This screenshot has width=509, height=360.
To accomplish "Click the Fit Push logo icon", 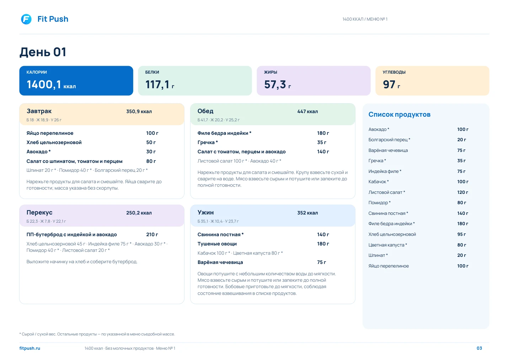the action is click(26, 19).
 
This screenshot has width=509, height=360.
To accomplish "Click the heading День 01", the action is click(43, 52).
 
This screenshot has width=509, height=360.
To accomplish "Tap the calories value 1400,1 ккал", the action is click(51, 85).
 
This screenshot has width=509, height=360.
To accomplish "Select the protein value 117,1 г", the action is click(160, 85).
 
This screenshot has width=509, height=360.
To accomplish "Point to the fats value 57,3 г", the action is click(278, 85).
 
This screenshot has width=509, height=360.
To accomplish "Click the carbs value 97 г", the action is click(391, 85).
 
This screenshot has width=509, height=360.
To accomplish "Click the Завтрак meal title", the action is click(39, 111).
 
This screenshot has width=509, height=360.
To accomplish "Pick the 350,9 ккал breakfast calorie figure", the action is click(139, 111).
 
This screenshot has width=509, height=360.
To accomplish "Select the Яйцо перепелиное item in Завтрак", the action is click(50, 133).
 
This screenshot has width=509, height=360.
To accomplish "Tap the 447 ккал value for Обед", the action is click(308, 111).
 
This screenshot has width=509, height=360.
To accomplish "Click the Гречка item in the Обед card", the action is click(208, 142).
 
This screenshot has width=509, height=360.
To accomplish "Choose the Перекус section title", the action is click(39, 212).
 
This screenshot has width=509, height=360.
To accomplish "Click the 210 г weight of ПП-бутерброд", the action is click(152, 234).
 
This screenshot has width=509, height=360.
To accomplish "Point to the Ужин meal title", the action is click(206, 212).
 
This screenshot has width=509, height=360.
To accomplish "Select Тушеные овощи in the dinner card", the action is click(217, 244).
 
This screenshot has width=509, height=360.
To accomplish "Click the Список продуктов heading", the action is click(400, 115).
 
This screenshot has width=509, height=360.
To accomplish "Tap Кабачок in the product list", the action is click(379, 182).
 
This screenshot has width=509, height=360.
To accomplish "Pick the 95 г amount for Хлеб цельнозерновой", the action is click(461, 234).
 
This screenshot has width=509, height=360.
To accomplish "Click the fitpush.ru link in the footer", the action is click(30, 348).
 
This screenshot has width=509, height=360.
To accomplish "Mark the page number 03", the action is click(479, 348).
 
